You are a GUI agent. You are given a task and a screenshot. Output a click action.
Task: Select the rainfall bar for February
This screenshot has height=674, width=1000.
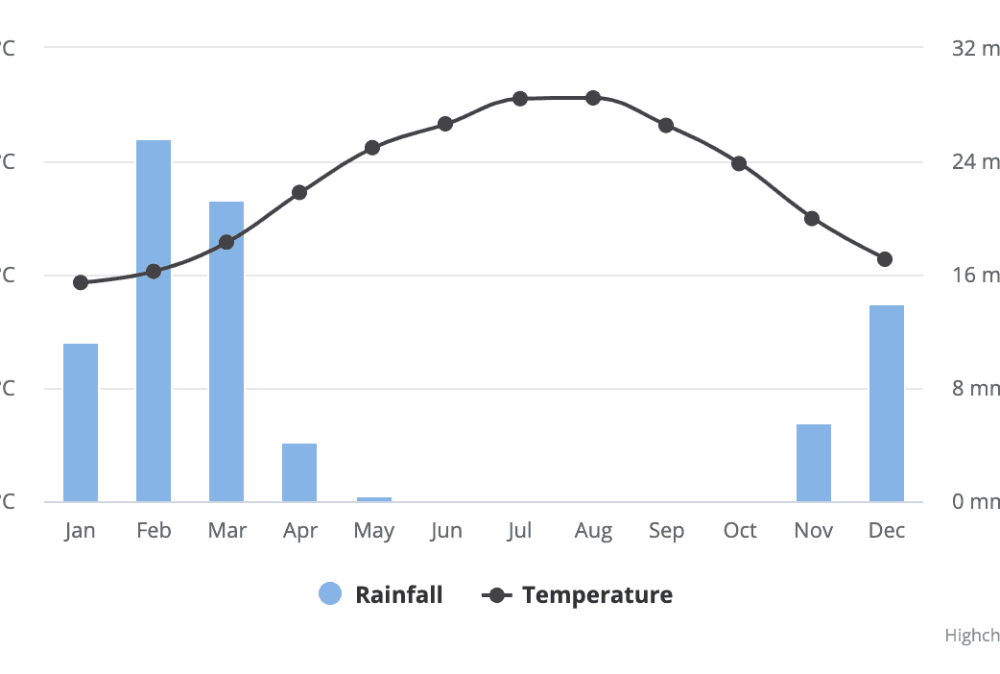[x=154, y=321]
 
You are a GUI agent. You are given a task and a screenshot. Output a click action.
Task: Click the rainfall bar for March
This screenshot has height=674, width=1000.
[x=226, y=351]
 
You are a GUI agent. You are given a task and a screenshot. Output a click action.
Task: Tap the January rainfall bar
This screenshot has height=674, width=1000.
[x=81, y=422]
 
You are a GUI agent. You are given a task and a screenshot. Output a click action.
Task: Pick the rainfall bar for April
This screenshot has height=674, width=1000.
[x=299, y=472]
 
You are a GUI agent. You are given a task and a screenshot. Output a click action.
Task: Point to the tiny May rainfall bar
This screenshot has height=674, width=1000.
[x=373, y=499]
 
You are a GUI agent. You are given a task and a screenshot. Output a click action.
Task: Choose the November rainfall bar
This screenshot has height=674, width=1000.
[x=814, y=463]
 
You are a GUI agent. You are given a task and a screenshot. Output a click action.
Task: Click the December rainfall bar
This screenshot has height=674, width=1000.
[x=887, y=403]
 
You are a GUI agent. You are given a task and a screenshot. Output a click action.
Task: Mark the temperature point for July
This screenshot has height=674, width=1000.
[x=520, y=99]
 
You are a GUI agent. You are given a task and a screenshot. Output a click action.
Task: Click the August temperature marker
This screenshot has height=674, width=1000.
[x=593, y=98]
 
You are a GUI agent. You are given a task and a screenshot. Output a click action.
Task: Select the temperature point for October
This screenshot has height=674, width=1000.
[x=739, y=163]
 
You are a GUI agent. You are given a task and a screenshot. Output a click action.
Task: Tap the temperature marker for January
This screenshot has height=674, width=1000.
[x=81, y=282]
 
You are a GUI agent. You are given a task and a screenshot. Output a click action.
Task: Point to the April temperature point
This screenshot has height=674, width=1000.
[x=299, y=192]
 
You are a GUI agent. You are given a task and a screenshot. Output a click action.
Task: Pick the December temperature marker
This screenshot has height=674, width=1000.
[x=885, y=259]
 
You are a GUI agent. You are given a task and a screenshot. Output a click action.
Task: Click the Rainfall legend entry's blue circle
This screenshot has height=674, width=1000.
[x=330, y=594]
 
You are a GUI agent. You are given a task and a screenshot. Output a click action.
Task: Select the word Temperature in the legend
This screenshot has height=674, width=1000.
[x=597, y=594]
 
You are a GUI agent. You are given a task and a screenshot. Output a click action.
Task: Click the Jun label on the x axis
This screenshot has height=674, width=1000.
[x=446, y=531]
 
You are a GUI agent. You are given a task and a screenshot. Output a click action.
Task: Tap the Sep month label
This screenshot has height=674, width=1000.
[x=666, y=531]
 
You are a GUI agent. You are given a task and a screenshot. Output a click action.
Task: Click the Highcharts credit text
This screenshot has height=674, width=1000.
[x=971, y=636]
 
